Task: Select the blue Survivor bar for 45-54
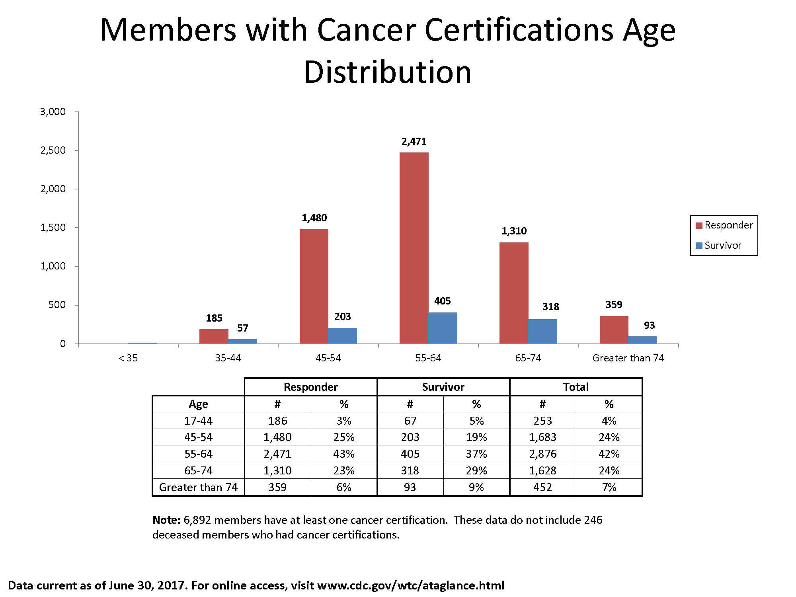tap(342, 336)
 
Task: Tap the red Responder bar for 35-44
tap(214, 336)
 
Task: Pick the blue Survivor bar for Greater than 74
tap(642, 340)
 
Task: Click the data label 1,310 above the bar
tap(514, 231)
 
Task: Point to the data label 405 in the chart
tap(442, 301)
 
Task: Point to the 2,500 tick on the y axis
tap(53, 150)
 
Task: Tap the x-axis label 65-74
tap(528, 358)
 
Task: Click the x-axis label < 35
tap(128, 358)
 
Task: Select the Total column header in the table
tap(576, 387)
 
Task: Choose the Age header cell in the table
tap(198, 404)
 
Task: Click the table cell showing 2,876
tap(542, 454)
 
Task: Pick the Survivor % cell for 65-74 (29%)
tap(476, 470)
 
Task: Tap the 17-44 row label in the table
tap(198, 421)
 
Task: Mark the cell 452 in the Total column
tap(542, 487)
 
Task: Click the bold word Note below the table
tap(166, 520)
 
